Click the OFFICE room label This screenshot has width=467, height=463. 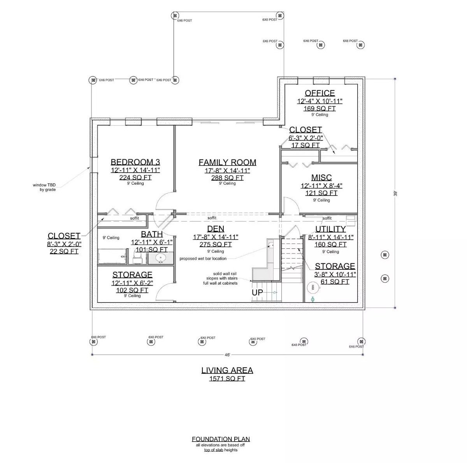320,93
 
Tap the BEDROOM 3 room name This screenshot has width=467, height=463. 135,162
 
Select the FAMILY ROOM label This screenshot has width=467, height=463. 227,162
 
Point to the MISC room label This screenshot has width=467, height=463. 321,178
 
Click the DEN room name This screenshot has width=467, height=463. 215,229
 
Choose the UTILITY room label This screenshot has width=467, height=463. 330,229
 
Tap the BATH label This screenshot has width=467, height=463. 152,234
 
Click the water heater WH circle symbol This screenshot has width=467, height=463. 313,288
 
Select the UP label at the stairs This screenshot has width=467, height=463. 258,293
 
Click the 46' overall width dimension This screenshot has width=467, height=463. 227,355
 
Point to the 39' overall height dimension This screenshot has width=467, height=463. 395,193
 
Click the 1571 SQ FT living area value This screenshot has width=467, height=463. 227,379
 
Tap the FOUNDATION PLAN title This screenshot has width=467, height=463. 221,439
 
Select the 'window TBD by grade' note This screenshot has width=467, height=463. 44,187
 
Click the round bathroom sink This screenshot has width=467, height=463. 161,257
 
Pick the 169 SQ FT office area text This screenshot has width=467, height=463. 319,108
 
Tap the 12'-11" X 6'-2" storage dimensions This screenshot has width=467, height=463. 132,283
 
